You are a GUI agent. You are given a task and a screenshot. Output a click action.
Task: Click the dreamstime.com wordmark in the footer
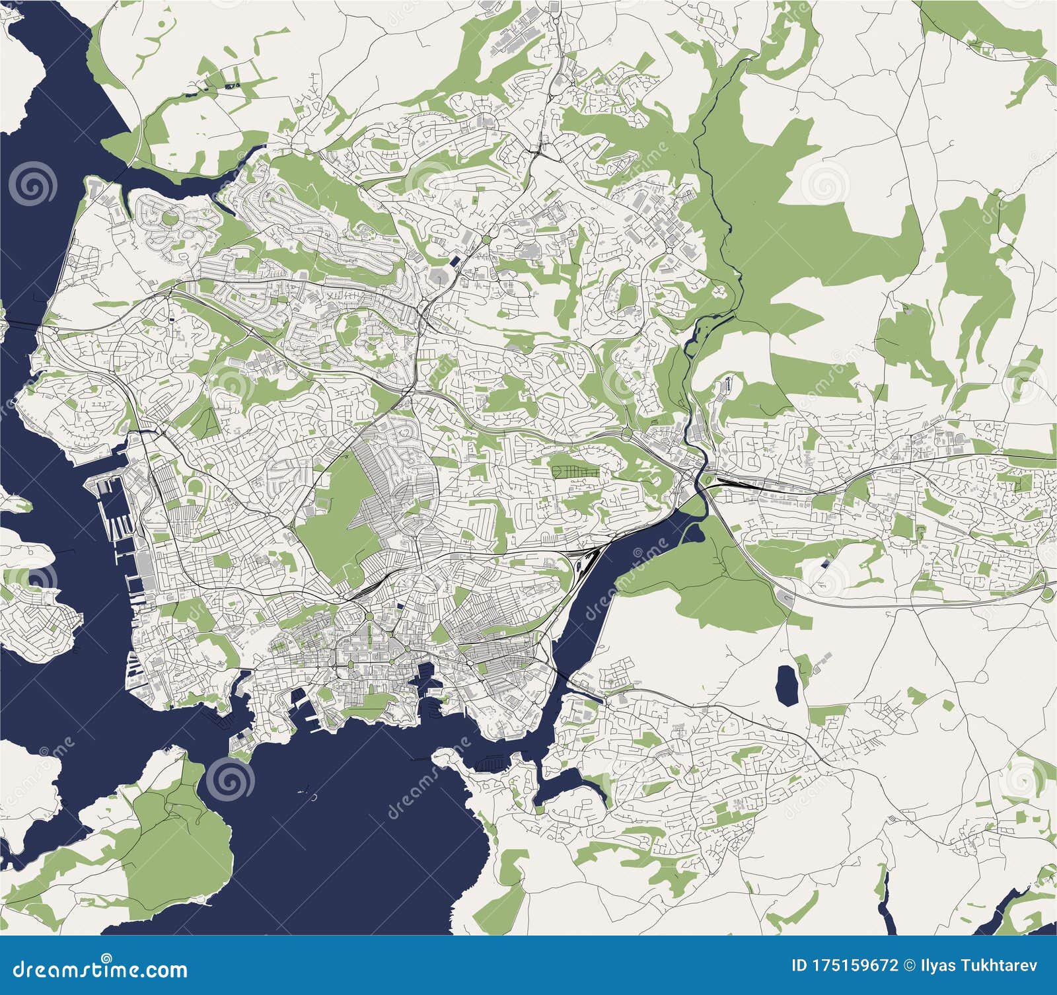tap(99, 970)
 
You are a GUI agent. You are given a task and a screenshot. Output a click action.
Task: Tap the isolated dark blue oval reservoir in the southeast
tap(786, 684)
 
